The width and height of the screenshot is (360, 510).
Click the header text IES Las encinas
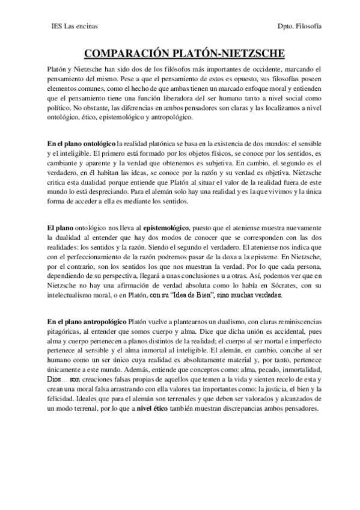(x=76, y=27)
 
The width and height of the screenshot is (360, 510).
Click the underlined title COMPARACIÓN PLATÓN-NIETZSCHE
(x=180, y=53)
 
